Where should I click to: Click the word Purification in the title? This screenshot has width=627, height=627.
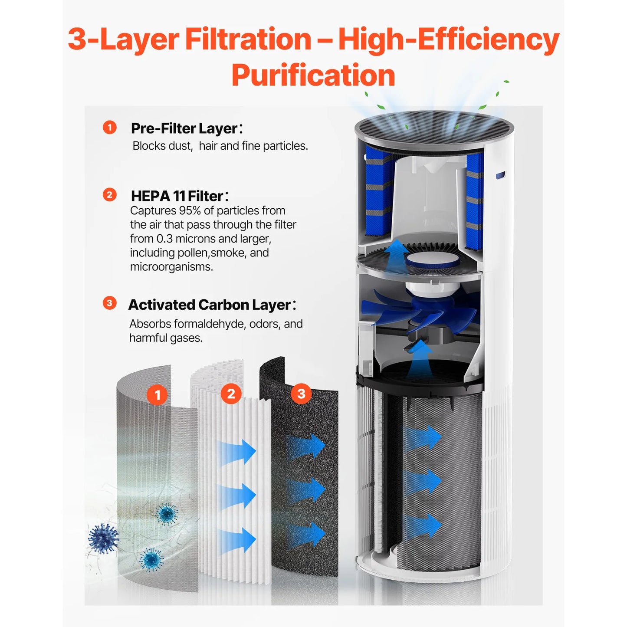[x=313, y=76]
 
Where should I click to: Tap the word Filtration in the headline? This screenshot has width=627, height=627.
[x=248, y=39]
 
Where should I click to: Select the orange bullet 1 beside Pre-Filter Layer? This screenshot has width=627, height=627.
[x=110, y=128]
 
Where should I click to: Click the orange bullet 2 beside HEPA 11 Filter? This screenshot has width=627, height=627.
[x=110, y=195]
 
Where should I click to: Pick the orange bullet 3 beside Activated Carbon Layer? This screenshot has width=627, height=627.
[x=110, y=303]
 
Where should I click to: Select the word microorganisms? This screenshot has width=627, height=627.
[x=171, y=267]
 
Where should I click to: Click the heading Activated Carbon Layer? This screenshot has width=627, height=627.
[x=209, y=305]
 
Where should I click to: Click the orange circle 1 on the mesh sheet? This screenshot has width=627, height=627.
[x=157, y=395]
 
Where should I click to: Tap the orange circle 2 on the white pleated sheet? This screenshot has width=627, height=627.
[x=231, y=394]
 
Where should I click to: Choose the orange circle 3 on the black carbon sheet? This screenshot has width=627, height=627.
[x=301, y=394]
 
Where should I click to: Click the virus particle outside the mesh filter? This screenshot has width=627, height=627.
[x=103, y=538]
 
